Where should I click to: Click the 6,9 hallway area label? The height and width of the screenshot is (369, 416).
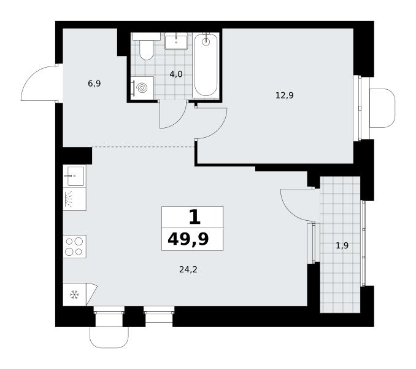pos(94,84)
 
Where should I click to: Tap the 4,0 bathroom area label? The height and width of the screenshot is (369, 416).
pos(176,74)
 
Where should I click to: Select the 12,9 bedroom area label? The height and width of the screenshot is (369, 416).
pos(285,95)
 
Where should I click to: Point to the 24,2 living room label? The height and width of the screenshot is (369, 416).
pos(188,269)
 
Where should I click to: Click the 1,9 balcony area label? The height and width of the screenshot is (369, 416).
pos(342,245)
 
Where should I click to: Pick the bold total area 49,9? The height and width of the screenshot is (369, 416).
pos(188,239)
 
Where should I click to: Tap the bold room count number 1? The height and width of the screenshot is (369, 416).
pos(195,216)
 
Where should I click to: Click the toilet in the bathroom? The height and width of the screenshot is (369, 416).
pos(147,47)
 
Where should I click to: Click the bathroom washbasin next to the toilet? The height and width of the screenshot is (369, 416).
pos(176,41)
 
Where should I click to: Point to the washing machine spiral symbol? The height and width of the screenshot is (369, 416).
pos(142,88)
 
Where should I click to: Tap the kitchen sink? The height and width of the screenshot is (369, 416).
pos(74,176)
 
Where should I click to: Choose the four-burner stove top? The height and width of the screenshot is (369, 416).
pos(74,247)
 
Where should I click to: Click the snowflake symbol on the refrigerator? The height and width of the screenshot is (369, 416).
pos(75,295)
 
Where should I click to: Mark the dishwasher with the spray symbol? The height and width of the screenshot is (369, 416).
pos(74,199)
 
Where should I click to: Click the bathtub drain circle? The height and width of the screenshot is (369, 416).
pos(206,41)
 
